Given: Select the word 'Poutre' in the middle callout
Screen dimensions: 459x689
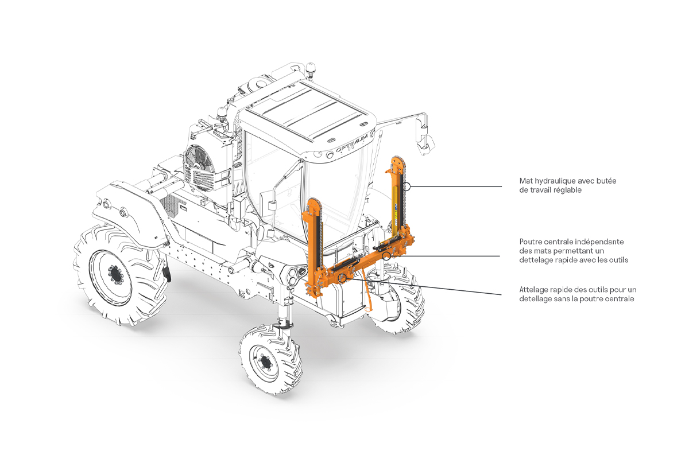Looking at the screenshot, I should coord(532,242).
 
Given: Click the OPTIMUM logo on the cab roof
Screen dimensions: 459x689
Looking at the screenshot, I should coord(349,149).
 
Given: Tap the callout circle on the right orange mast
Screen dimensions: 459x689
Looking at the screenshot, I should coord(407,186).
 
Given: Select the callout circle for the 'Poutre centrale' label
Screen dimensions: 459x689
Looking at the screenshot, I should coord(388,255).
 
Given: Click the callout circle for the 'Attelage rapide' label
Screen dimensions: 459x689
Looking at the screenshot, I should coord(343,278).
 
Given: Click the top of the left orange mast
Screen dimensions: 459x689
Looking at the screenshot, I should coord(313,203).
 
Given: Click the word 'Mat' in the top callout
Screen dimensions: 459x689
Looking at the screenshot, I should coord(525,181).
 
